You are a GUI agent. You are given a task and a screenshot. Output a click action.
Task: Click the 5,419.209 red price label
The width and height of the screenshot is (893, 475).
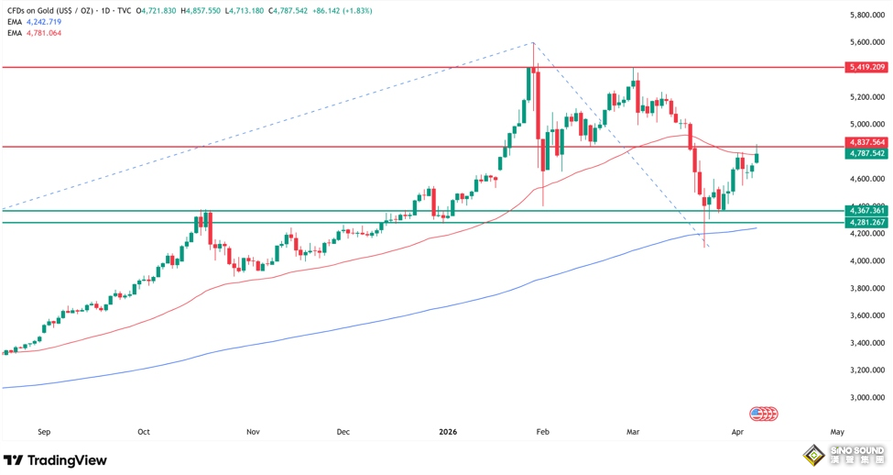click(x=866, y=68)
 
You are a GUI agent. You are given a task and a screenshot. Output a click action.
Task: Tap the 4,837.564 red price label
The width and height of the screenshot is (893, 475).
click(x=866, y=142)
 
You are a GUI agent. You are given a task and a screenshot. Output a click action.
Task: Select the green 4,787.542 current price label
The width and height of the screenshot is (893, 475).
click(x=866, y=153)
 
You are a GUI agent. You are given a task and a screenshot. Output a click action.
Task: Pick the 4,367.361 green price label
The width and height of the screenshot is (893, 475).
click(x=866, y=211)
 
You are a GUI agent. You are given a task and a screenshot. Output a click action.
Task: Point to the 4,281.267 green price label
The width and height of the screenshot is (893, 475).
click(x=866, y=223)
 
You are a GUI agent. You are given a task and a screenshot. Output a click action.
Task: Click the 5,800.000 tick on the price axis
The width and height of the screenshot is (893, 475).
click(x=866, y=16)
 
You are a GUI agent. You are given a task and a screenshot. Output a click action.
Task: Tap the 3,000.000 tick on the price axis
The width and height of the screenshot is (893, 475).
click(x=866, y=398)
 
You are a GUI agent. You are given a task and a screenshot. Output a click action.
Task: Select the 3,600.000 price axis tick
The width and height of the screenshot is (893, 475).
click(x=866, y=316)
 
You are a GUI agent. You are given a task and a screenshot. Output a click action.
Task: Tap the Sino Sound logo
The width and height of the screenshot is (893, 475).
click(x=843, y=456)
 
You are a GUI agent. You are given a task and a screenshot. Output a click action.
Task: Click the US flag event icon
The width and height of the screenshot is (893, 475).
click(x=757, y=414)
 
